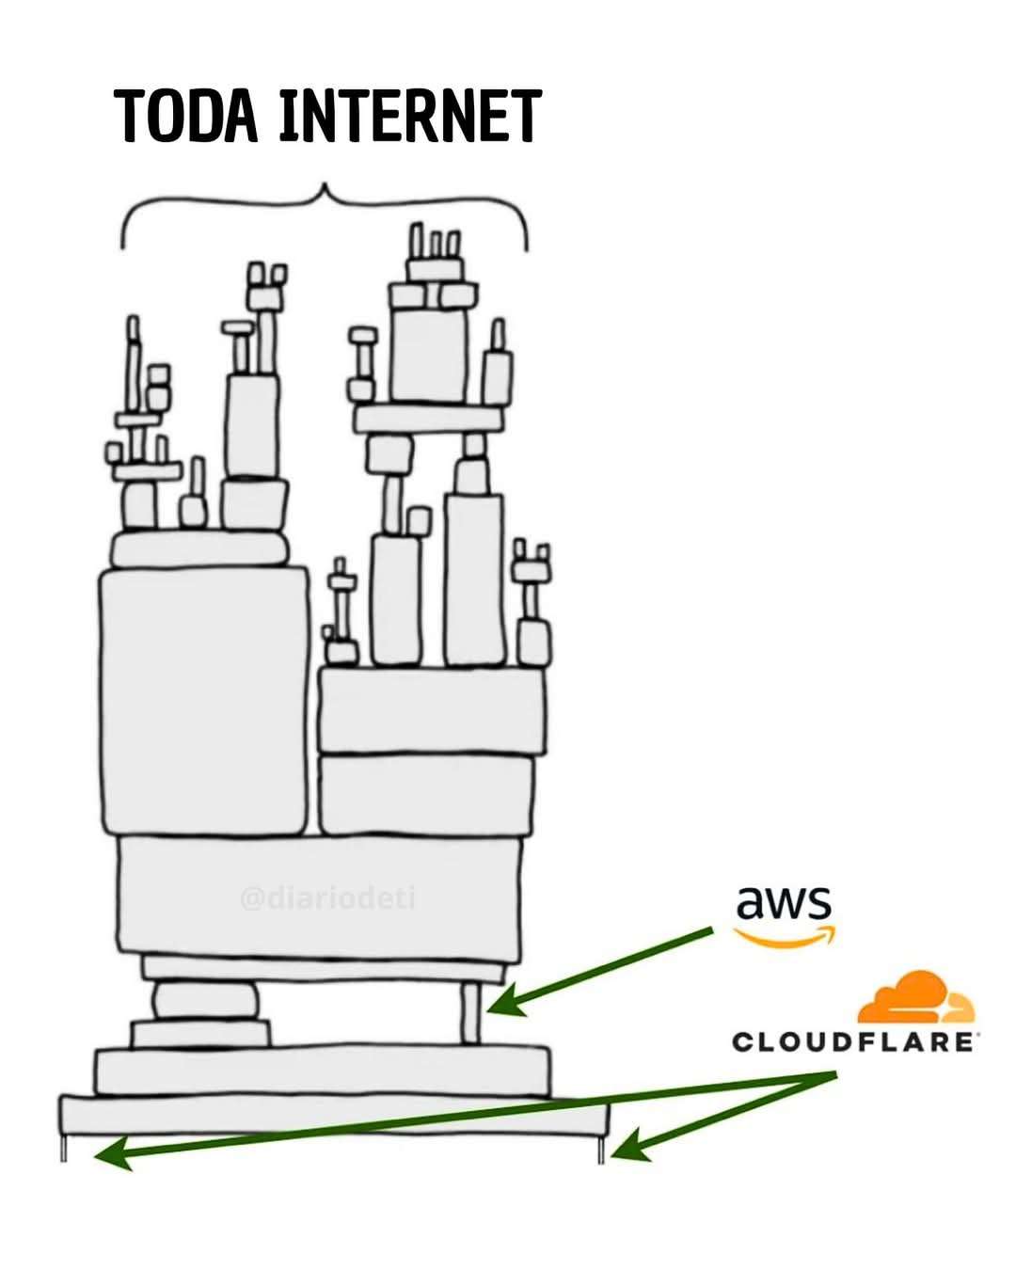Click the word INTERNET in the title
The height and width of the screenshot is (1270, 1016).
click(x=409, y=117)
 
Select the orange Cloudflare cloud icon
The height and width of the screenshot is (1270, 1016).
click(x=914, y=999)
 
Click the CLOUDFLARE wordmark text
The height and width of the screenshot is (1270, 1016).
click(x=852, y=1042)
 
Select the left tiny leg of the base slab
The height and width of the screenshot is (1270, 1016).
click(x=65, y=1149)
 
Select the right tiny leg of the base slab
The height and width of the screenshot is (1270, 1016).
click(x=600, y=1149)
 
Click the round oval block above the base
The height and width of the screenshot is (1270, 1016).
click(x=205, y=1000)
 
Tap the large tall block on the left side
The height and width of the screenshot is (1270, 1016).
click(x=203, y=700)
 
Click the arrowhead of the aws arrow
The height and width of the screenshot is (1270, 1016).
click(x=498, y=1007)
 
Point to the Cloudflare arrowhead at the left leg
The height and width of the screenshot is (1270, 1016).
click(x=107, y=1157)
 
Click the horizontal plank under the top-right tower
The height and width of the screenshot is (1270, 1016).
click(x=428, y=419)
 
